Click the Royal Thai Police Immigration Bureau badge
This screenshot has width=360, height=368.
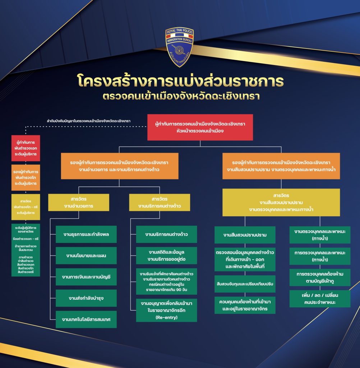[179, 46]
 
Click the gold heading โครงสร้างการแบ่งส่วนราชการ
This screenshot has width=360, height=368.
[180, 81]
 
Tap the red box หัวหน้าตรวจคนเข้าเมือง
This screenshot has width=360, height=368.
[200, 127]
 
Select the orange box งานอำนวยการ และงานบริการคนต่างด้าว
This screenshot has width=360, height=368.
[119, 166]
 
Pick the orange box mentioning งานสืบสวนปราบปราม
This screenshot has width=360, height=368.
[281, 166]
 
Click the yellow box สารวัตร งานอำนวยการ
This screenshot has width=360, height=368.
[79, 202]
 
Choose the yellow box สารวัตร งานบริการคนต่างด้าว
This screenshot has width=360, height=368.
[159, 202]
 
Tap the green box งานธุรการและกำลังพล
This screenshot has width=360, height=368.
[86, 234]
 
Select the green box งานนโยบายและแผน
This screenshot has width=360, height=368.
[86, 256]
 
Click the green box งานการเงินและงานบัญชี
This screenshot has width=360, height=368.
[86, 277]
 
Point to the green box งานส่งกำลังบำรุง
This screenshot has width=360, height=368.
[86, 298]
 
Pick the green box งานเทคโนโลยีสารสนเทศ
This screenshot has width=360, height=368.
[86, 319]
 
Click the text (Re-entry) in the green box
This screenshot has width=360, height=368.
[166, 317]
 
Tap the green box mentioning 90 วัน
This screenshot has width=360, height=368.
[166, 281]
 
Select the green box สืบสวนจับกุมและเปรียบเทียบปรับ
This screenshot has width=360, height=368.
[245, 284]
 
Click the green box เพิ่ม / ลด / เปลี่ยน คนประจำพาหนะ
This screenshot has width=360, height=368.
[320, 298]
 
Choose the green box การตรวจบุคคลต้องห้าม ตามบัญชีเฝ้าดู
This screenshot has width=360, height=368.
[320, 277]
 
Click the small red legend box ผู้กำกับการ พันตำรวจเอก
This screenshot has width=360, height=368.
[26, 148]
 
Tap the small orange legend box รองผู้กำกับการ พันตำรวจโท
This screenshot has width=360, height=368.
[26, 178]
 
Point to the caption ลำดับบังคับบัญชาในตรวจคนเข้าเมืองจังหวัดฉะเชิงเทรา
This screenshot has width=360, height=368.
[86, 121]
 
